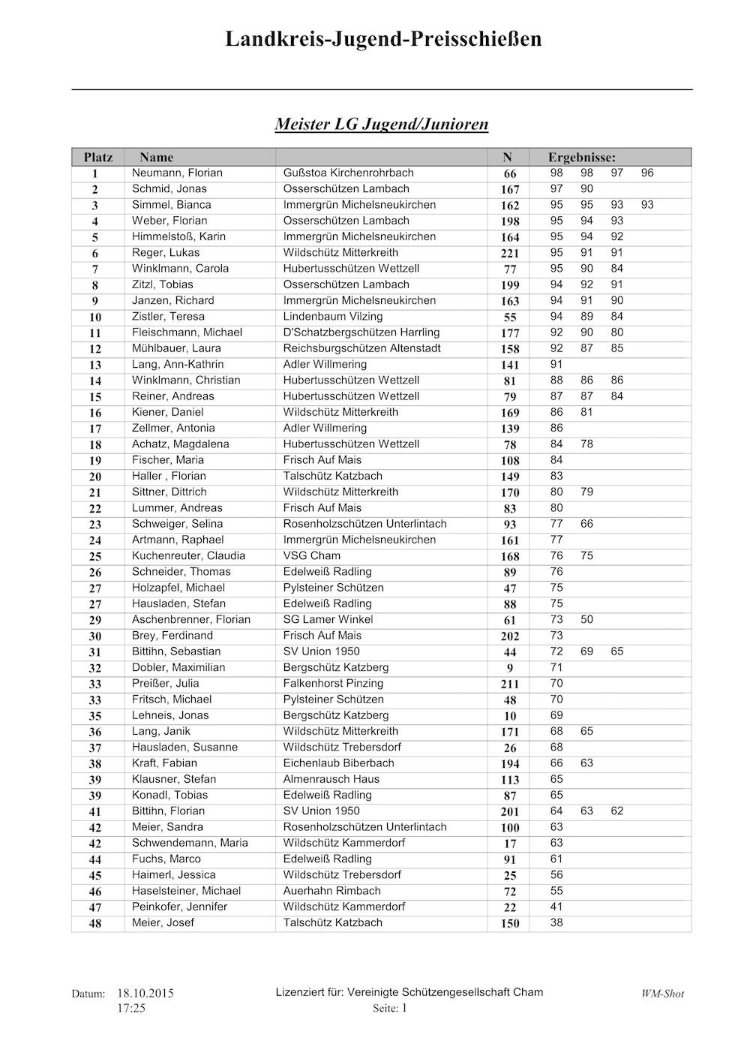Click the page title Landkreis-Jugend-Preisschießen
pos(382,39)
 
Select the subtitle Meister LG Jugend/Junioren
pos(382,124)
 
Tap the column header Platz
pos(98,157)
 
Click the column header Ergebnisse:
pos(581,157)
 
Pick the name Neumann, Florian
pos(177,173)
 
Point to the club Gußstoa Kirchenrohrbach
pos(348,173)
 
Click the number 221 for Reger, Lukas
pos(509,253)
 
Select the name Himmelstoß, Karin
pos(178,236)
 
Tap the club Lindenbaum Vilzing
pos(332,316)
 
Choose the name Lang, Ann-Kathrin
pos(178,364)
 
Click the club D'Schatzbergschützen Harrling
pos(361,332)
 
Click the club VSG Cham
pos(311,555)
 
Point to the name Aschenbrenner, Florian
pos(191,619)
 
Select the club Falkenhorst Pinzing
pos(333,683)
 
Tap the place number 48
pos(95,923)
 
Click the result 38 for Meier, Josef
pos(556,922)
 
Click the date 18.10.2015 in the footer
pos(145,993)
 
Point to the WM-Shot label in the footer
pos(662,994)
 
